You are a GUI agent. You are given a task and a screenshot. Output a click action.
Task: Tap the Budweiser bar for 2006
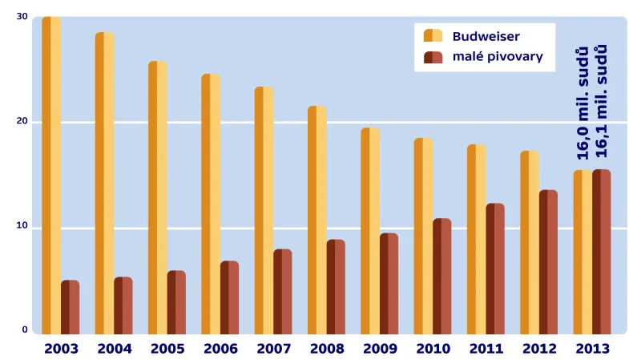click(x=211, y=204)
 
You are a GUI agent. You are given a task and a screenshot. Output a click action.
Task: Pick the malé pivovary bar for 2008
click(x=335, y=286)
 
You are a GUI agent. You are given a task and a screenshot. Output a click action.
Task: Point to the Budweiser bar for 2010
click(x=423, y=236)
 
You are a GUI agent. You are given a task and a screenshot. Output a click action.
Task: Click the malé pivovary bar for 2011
click(x=495, y=268)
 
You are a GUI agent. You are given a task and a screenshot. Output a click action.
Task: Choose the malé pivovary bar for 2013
click(x=601, y=251)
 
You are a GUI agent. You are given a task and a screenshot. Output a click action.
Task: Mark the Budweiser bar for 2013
click(x=583, y=252)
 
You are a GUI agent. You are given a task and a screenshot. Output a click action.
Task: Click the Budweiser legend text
click(x=486, y=36)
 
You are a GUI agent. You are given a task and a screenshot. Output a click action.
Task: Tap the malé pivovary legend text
click(x=498, y=57)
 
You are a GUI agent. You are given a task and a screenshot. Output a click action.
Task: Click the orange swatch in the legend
click(x=433, y=35)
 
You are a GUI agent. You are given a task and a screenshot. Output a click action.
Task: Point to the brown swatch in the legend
click(x=433, y=57)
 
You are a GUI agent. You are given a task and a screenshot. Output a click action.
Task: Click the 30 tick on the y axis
click(x=22, y=17)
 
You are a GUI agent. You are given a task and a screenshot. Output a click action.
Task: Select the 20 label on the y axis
click(x=22, y=122)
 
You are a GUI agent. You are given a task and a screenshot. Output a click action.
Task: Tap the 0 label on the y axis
click(x=25, y=330)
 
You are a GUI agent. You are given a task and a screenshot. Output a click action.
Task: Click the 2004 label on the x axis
click(x=114, y=349)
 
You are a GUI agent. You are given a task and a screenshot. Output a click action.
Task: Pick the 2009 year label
click(x=380, y=349)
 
